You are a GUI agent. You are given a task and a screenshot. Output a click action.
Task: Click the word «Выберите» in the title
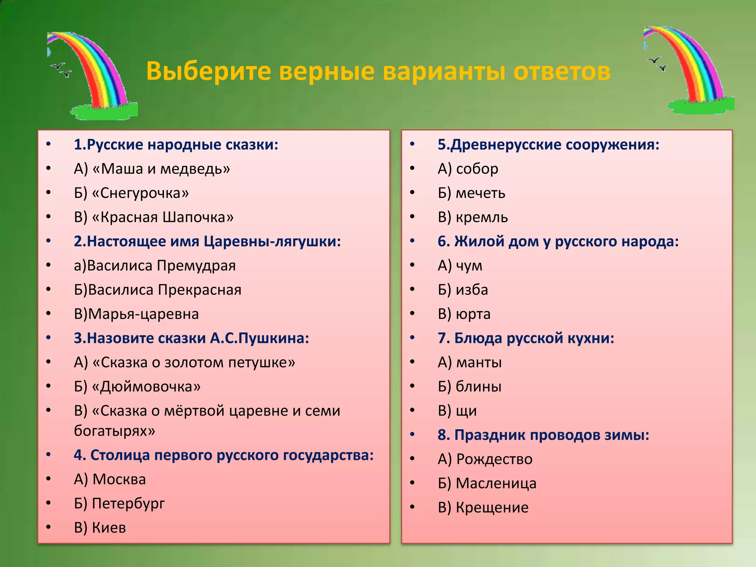[x=209, y=71]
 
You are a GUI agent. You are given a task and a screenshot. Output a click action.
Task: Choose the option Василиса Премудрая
[x=155, y=266]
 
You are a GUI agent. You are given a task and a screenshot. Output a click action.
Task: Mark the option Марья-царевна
[x=136, y=314]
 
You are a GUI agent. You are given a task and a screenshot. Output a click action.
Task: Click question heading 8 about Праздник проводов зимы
[x=543, y=435]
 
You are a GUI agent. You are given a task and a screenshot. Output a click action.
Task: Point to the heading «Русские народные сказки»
[x=176, y=145]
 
